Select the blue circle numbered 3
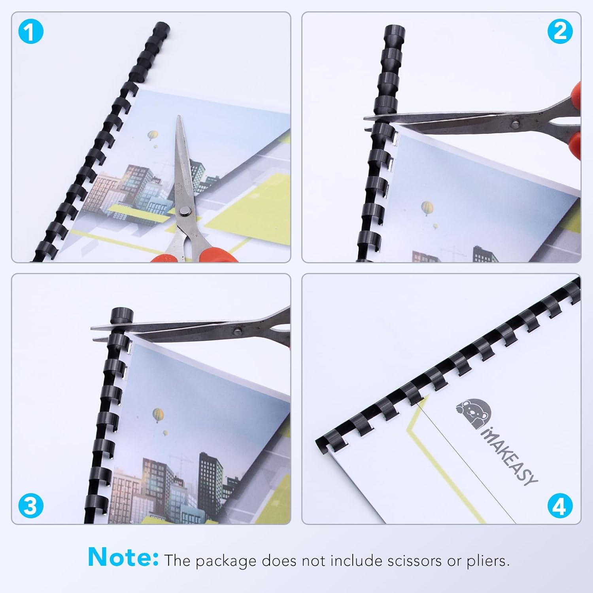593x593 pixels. pyautogui.click(x=30, y=506)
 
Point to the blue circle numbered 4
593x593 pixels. pyautogui.click(x=560, y=506)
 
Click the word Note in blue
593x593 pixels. pyautogui.click(x=123, y=557)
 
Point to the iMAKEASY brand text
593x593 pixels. pyautogui.click(x=510, y=457)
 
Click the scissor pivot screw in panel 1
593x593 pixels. pyautogui.click(x=183, y=213)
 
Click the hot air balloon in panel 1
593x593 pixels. pyautogui.click(x=153, y=136)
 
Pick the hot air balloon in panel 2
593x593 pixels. pyautogui.click(x=427, y=208)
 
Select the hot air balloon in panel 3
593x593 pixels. pyautogui.click(x=158, y=415)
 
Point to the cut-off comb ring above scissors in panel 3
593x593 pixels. pyautogui.click(x=121, y=316)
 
